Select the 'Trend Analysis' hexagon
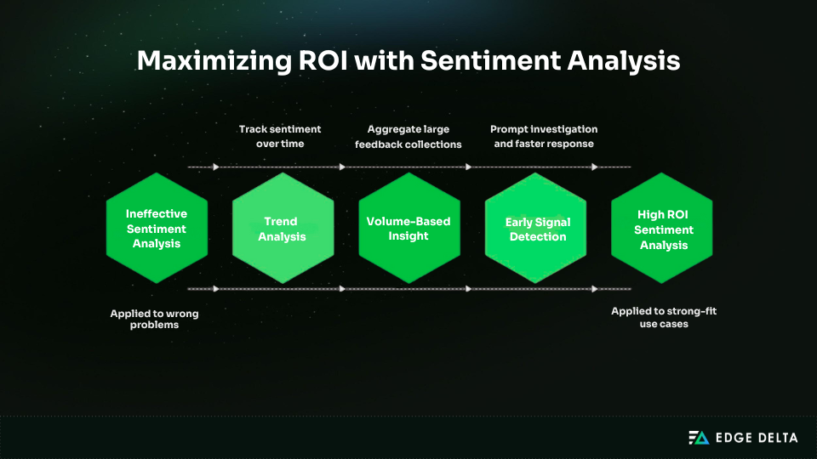coord(283,229)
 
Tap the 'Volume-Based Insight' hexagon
coord(408,229)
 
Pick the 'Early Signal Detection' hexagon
coord(536,229)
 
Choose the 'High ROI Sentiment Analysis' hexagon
coord(663,229)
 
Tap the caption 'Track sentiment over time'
coord(280,137)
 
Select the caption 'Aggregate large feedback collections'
coord(408,137)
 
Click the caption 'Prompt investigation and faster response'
coord(544,137)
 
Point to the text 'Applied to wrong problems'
coord(155,320)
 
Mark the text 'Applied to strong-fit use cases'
coord(663,317)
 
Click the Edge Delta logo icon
coord(698,438)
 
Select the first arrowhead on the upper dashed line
coord(216,167)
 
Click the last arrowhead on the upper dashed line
coord(595,167)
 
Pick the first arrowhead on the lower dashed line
coord(216,288)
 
